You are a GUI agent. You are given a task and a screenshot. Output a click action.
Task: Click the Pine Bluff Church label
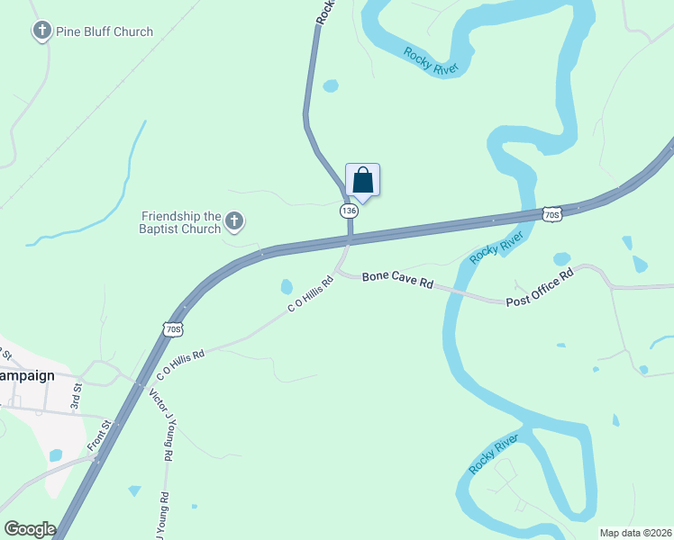pos(104,31)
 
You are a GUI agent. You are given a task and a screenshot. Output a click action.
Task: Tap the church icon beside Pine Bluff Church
pos(41,31)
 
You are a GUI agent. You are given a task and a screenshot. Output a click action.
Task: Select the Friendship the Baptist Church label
pos(181,222)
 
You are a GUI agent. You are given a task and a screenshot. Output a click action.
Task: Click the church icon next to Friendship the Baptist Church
pos(234,220)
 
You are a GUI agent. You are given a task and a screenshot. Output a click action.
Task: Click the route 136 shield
pos(350,210)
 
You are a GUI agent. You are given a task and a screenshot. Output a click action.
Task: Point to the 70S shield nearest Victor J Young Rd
pos(174,329)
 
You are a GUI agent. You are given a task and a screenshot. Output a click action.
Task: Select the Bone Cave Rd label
pos(398,280)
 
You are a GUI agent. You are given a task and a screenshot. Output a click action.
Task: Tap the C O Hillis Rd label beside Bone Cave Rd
pos(311,294)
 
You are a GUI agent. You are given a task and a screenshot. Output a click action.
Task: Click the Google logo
pos(30,529)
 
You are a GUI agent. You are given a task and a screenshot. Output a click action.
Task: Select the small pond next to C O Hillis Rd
pos(287,287)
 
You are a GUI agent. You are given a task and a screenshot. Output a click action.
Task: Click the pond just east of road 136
pos(331,86)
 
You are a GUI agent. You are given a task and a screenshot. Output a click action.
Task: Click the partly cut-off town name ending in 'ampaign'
pos(27,375)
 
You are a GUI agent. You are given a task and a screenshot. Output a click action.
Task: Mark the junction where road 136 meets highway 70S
pos(350,240)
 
